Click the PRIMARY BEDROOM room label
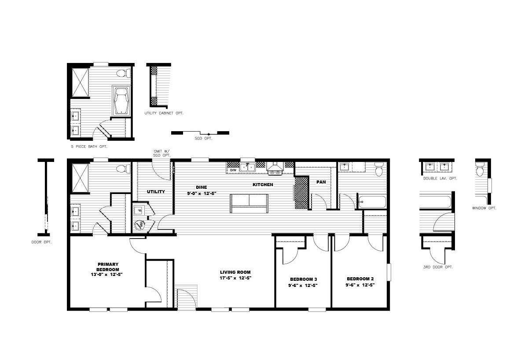click(x=108, y=267)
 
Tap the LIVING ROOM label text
click(x=235, y=272)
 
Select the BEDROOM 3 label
click(x=303, y=279)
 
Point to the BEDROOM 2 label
click(x=360, y=279)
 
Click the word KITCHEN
click(x=263, y=184)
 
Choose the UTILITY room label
click(x=156, y=192)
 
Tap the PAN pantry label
click(x=321, y=182)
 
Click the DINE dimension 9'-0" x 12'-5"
click(x=202, y=194)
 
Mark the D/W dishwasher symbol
click(x=233, y=170)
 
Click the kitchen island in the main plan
click(x=249, y=203)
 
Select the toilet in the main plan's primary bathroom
click(x=123, y=169)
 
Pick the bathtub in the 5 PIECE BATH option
click(x=121, y=101)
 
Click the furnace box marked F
click(x=139, y=210)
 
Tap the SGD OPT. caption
click(x=203, y=138)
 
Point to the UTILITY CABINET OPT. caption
click(x=164, y=113)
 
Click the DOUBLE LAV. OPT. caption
click(x=440, y=179)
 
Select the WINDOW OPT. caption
click(x=484, y=208)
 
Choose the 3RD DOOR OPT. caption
click(x=438, y=267)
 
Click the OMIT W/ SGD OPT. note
click(x=161, y=153)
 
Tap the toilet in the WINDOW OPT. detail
click(x=480, y=169)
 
